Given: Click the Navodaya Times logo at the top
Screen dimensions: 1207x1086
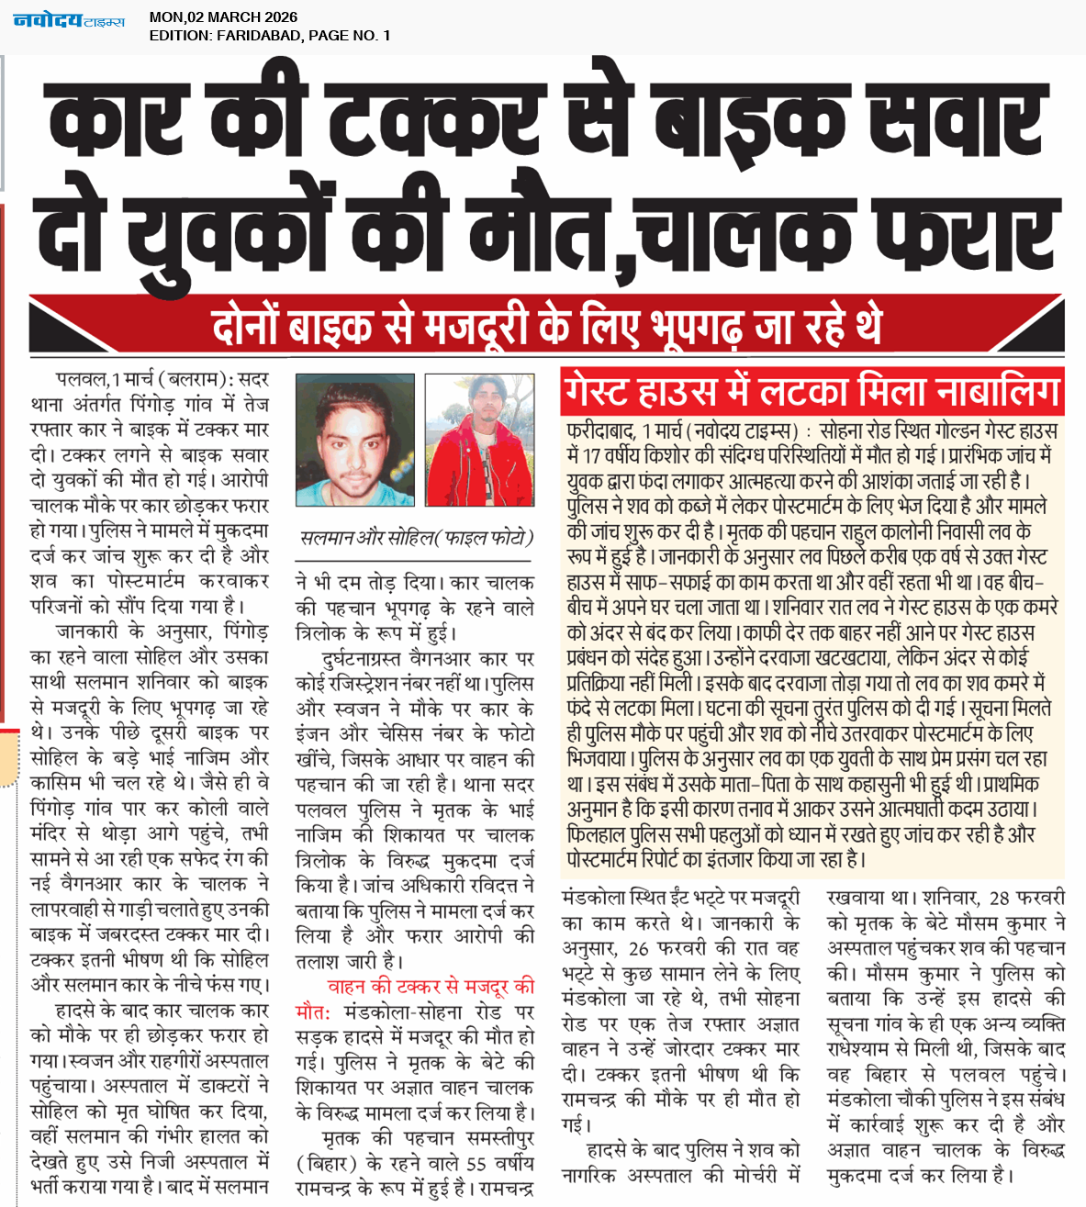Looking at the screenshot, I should click(69, 19).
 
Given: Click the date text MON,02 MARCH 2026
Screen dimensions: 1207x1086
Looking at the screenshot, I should click(223, 17).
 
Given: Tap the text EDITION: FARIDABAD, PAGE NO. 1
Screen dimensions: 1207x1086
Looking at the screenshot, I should click(270, 36).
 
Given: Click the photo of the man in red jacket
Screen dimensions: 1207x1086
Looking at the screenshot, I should click(479, 440).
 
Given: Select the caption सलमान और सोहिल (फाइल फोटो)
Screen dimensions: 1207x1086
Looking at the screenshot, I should click(416, 538).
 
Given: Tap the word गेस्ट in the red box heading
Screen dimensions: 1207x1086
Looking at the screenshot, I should click(603, 392).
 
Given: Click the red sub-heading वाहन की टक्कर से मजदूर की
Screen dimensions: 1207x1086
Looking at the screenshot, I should click(431, 987).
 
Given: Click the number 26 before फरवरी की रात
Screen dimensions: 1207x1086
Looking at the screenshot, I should click(639, 948).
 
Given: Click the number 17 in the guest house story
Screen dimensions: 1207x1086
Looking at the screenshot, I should click(591, 456).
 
